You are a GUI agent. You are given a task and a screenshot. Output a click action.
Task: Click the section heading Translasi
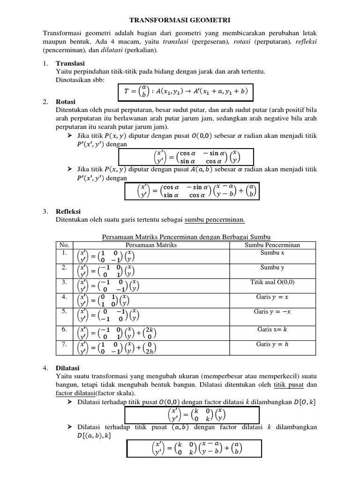pos(70,63)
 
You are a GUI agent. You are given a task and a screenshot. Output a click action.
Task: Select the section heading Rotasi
pos(66,102)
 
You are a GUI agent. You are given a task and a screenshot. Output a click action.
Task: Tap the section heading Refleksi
pos(69,212)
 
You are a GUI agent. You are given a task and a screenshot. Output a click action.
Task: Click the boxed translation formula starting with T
pos(185,91)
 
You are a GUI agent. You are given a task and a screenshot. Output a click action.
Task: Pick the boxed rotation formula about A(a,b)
pos(192,190)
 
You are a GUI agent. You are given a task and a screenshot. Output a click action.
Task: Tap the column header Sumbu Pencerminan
pos(272,245)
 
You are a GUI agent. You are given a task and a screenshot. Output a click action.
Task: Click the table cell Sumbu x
pos(272,253)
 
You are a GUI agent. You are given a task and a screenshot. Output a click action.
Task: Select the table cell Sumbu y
pos(272,268)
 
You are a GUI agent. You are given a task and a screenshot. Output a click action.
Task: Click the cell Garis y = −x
pos(272,311)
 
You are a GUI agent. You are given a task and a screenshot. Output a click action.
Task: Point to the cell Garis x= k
pos(272,329)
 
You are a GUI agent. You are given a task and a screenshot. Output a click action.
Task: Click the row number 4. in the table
pos(64,297)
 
